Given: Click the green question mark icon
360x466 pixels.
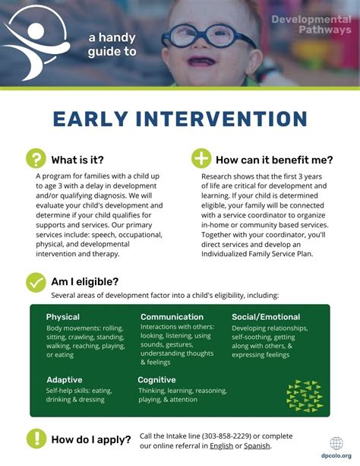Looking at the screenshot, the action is pos(36,158).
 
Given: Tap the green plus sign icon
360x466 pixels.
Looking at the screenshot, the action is pos(201,158).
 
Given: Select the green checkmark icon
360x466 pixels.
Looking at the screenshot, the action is pos(36,282).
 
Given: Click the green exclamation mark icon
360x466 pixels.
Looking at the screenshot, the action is pos(36,439).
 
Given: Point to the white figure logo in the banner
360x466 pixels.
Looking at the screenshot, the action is pos(36,43).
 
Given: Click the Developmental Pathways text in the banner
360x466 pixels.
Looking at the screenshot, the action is pos(311,24).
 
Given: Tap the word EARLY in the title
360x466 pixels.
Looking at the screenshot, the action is pos(90,119).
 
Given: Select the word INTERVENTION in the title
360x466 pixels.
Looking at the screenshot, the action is pos(222,119).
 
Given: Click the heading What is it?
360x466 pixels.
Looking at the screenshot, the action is pos(77,160).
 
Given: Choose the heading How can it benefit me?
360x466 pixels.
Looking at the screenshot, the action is pos(274,160).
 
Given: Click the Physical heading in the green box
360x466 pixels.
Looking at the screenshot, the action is pos(63,317).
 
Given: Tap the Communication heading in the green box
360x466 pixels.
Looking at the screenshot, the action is pos(172,317).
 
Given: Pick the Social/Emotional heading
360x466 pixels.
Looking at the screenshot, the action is pos(266,317).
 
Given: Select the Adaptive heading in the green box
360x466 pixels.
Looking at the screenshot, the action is pos(65,380).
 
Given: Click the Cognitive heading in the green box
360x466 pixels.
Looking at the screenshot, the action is pos(156,380).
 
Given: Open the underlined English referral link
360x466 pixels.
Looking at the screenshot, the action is pos(221,446).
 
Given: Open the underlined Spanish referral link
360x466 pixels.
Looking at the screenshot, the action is pos(257,446).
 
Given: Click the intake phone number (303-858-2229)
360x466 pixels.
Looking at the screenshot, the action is pos(226,436).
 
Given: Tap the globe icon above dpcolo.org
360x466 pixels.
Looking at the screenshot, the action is pos(336,444).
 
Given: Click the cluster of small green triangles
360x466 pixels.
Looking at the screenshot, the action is pos(305,395).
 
